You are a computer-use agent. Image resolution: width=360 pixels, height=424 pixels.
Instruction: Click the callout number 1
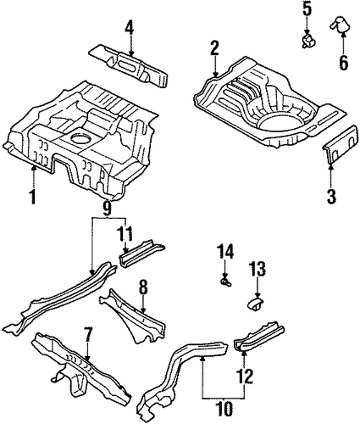(x=33, y=197)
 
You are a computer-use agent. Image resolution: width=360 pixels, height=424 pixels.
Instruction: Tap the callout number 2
(x=214, y=48)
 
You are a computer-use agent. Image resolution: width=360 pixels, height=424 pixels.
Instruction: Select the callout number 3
(x=331, y=197)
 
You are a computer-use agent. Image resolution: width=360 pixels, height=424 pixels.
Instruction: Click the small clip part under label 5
(x=307, y=42)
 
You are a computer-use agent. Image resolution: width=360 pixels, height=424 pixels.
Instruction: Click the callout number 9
(x=107, y=209)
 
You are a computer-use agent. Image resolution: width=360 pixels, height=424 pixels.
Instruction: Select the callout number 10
(x=226, y=408)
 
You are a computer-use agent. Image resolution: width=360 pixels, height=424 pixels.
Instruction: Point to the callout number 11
(x=125, y=233)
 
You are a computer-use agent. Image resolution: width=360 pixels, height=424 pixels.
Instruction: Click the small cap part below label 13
(x=256, y=304)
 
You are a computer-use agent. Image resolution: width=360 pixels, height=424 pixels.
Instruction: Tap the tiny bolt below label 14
(x=226, y=282)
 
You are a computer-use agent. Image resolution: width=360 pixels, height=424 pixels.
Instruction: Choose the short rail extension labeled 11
(x=141, y=253)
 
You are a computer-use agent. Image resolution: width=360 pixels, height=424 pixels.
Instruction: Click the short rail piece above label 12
(x=259, y=337)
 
